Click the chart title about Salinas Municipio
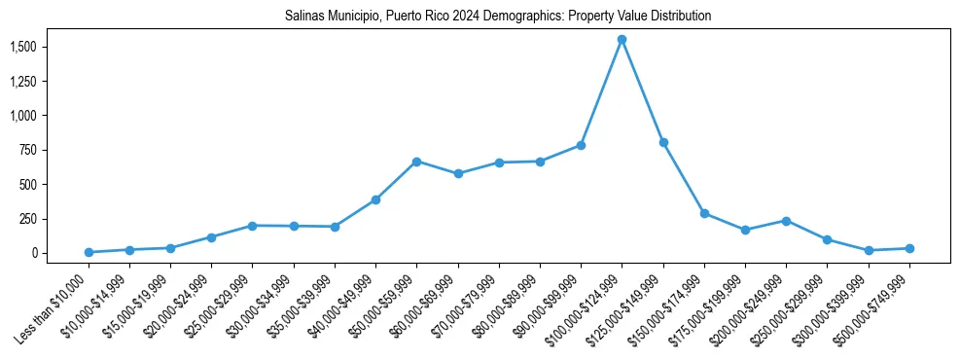click(498, 17)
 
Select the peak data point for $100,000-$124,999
click(622, 40)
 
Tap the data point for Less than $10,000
click(89, 252)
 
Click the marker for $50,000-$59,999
click(416, 162)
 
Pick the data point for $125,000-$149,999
click(663, 143)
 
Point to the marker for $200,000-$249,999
click(786, 221)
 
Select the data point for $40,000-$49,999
click(375, 199)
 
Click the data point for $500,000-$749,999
click(909, 248)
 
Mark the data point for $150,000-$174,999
click(704, 213)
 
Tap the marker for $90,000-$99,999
click(581, 145)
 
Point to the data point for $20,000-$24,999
click(211, 237)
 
